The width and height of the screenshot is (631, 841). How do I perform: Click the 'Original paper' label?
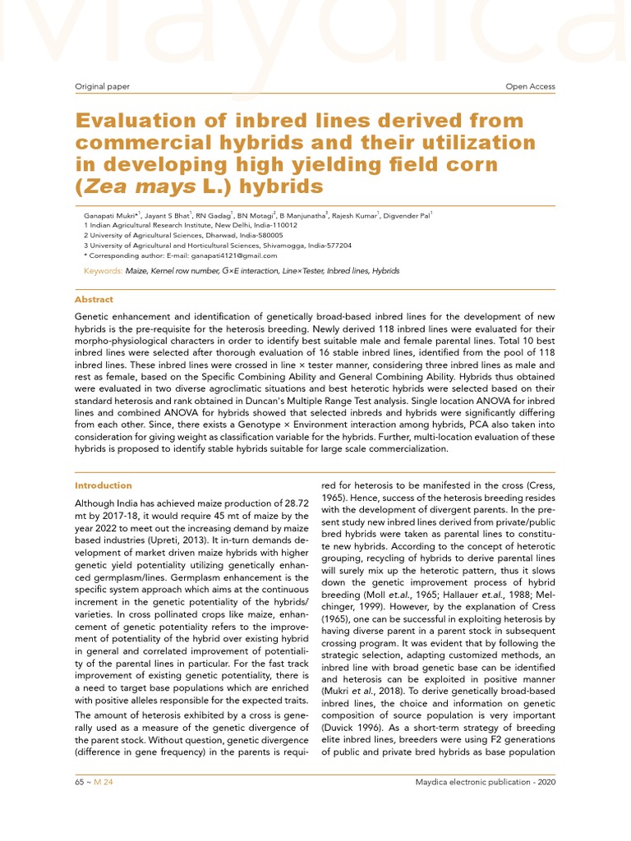(101, 86)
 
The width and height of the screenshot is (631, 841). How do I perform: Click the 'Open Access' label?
(530, 86)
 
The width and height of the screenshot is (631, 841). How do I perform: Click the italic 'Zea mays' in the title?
(128, 186)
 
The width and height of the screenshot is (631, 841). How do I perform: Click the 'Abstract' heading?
(94, 300)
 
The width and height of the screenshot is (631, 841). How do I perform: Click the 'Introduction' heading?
(103, 485)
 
